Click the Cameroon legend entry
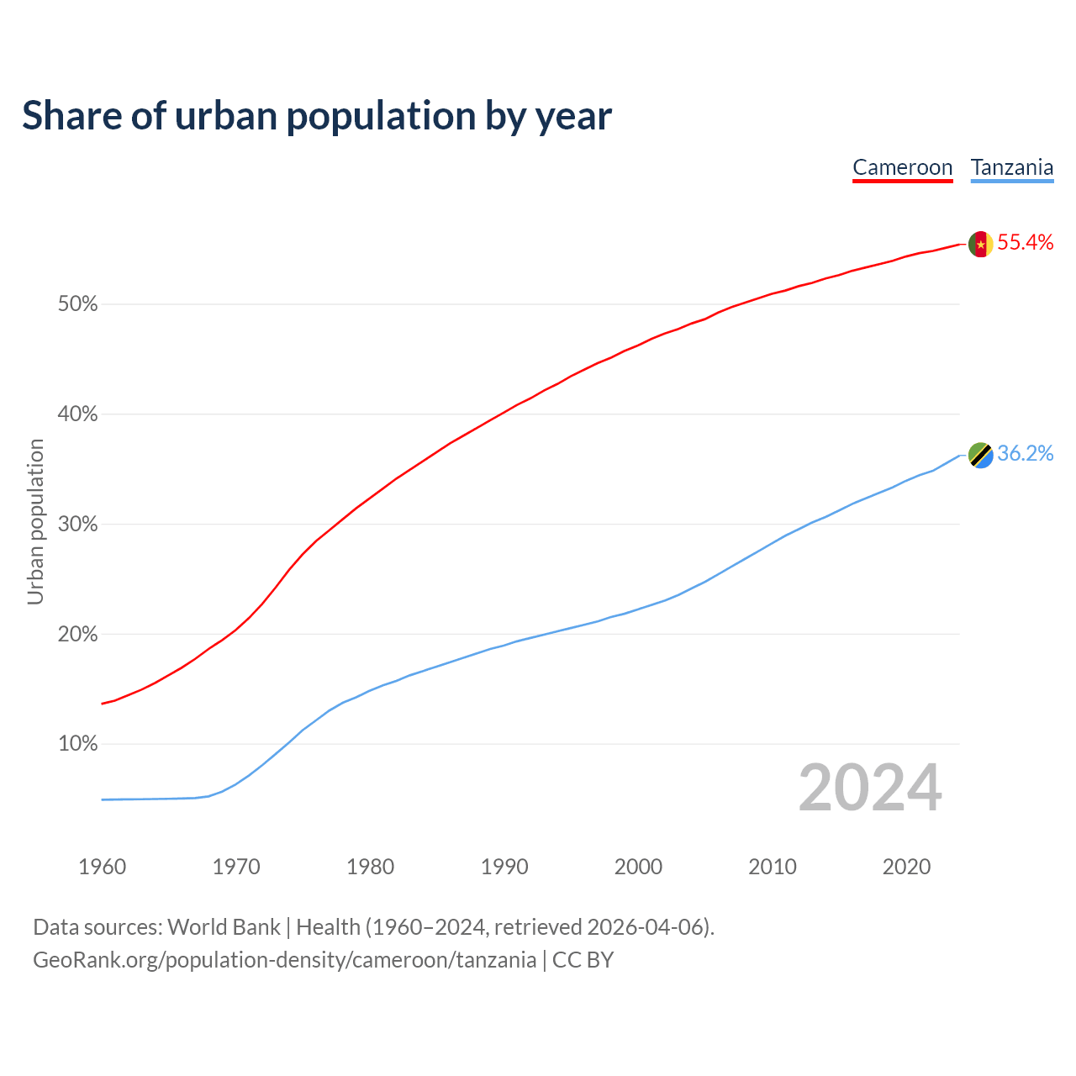click(x=902, y=167)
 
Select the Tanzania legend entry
click(x=1012, y=167)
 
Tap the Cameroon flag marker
click(x=980, y=244)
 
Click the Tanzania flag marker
click(x=980, y=455)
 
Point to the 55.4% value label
click(x=1025, y=243)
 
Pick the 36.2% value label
click(x=1025, y=454)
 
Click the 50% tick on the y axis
click(x=78, y=304)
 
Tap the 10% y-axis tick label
click(x=78, y=744)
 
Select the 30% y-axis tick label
click(x=78, y=525)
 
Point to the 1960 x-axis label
click(x=103, y=867)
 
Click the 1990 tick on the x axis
click(x=504, y=867)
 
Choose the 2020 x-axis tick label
click(x=906, y=867)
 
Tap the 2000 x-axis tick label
click(x=638, y=867)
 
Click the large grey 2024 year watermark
click(x=870, y=788)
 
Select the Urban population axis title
click(x=35, y=521)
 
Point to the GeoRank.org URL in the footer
click(x=284, y=960)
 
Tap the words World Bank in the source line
click(x=224, y=927)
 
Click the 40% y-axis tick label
click(x=78, y=414)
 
